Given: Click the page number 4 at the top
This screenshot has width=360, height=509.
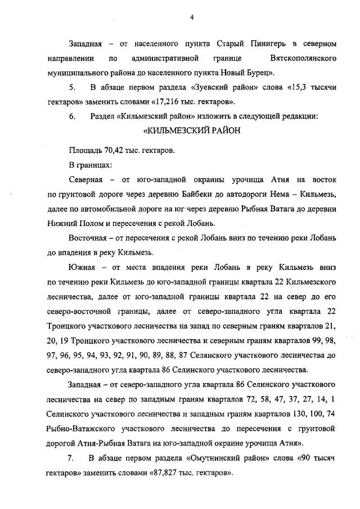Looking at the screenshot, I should (x=191, y=17).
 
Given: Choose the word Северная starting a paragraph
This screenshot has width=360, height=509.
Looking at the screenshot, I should (x=85, y=180).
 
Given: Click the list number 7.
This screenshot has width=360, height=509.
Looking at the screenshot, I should (x=71, y=457).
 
